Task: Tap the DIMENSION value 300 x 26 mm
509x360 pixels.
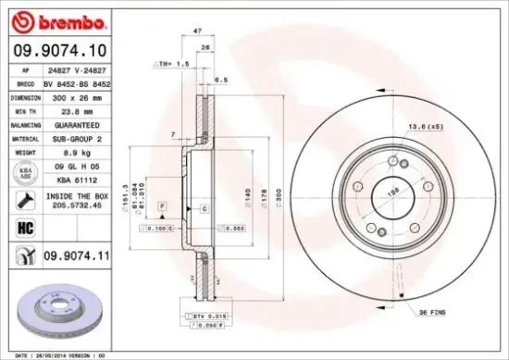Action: click(77, 95)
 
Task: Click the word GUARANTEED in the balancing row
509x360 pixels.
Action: click(78, 122)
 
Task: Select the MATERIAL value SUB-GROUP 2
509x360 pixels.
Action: click(77, 135)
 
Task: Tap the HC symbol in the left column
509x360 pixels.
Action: click(23, 226)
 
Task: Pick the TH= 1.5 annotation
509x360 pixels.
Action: click(165, 65)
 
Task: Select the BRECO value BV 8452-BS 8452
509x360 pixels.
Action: click(77, 82)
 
